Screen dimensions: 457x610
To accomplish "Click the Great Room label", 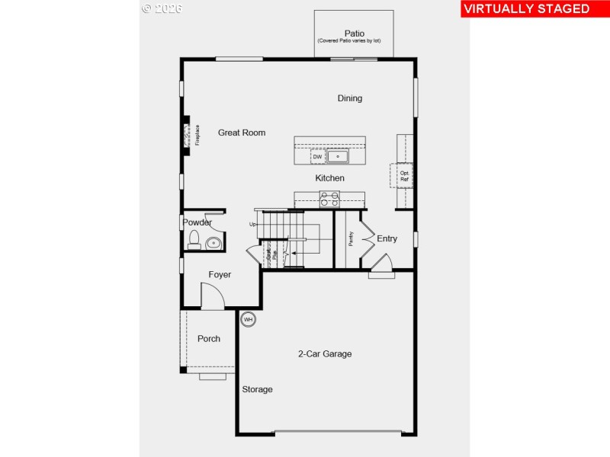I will (x=242, y=133).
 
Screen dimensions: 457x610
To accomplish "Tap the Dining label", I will (x=350, y=98).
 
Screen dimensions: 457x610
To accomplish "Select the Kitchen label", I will (x=330, y=178).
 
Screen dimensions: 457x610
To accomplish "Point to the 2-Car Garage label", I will (x=325, y=354).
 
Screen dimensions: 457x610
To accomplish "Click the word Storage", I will (x=257, y=390).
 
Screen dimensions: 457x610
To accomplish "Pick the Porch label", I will (x=209, y=339).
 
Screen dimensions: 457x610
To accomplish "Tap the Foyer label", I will (x=220, y=275).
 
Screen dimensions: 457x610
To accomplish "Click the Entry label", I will (x=387, y=239).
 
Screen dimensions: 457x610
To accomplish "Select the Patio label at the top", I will (x=354, y=34).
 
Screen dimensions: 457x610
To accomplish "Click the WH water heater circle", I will (x=248, y=320).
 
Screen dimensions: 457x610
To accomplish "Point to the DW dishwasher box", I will (x=317, y=157).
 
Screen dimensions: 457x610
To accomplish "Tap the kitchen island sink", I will (x=338, y=157).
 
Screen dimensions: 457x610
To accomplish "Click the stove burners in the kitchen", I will (x=329, y=200).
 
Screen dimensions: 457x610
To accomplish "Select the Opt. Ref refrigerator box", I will (x=404, y=176).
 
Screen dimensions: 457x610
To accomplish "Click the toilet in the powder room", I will (x=194, y=241).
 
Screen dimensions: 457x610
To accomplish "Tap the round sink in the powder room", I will (x=213, y=244).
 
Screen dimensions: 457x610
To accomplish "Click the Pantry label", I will (x=351, y=239).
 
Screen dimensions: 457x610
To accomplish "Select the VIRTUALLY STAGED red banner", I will (x=526, y=9).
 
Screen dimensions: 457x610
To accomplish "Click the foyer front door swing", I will (x=211, y=296).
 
